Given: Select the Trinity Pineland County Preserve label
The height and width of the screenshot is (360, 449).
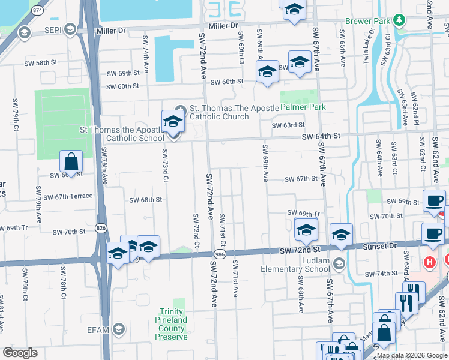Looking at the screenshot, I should click(x=171, y=324).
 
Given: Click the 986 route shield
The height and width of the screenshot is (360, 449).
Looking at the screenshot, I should click(x=221, y=255).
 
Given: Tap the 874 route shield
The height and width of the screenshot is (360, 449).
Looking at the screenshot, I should click(x=38, y=11).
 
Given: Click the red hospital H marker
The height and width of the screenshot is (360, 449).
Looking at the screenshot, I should click(x=429, y=262).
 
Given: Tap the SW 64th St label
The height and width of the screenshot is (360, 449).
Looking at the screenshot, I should click(x=321, y=136).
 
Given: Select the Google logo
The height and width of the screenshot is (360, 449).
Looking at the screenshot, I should click(x=20, y=353).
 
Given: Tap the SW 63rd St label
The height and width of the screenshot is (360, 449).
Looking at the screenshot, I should click(x=288, y=125).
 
